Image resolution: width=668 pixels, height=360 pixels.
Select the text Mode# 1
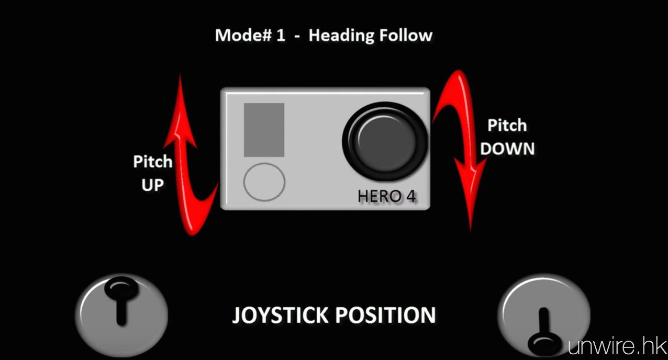point(250,36)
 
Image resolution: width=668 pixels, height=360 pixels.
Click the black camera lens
point(385,140)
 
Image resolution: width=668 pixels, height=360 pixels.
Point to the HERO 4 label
point(387,196)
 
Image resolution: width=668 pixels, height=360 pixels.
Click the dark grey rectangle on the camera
point(264,130)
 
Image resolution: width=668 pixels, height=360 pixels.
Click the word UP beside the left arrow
point(152,185)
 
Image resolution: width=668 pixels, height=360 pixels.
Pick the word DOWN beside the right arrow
point(507,149)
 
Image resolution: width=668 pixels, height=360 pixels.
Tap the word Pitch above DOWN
point(507,126)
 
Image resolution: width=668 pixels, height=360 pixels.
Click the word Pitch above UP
point(152,162)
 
